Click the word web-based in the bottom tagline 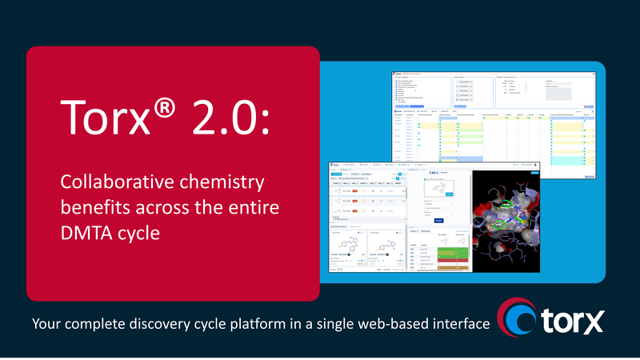pos(411,325)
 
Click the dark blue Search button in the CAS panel pos(438,221)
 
